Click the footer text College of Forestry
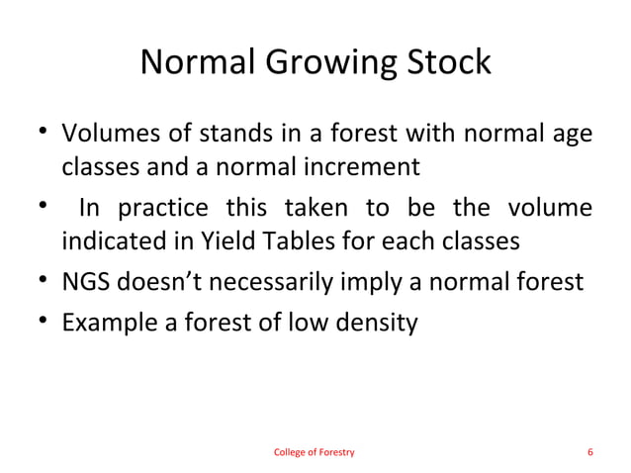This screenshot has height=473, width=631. point(314,452)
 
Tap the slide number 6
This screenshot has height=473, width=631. point(589,452)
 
